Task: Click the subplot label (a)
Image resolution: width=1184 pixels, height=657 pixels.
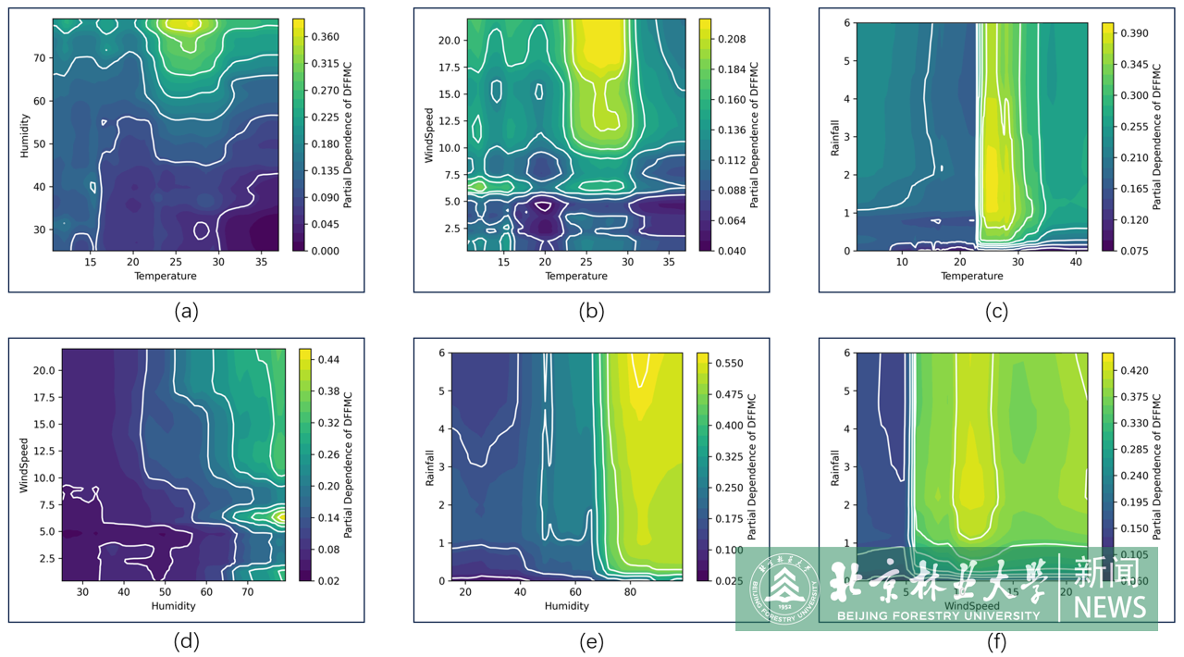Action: (186, 311)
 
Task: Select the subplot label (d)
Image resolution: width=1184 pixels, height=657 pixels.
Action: (186, 641)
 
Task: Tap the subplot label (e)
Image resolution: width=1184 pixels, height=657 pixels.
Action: (592, 641)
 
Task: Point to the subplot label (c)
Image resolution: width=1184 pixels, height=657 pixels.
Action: (997, 311)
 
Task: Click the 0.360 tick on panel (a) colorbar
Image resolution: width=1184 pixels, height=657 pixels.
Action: (325, 37)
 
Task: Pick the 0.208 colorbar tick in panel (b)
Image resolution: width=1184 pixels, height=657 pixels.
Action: (732, 39)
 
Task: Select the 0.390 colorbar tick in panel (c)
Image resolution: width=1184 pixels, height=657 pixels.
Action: (1134, 33)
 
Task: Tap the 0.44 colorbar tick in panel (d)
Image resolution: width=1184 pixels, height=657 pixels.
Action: (329, 359)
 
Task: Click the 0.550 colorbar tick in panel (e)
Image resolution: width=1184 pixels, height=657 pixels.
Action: (729, 363)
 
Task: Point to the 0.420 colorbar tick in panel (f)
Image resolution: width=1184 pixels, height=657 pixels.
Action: (1134, 371)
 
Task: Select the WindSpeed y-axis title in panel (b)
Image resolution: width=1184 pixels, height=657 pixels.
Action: (429, 135)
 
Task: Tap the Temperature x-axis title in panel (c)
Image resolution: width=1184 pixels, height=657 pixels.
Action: (972, 276)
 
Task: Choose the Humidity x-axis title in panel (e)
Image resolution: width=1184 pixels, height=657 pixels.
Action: (567, 606)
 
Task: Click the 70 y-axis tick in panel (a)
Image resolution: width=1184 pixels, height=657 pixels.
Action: (39, 58)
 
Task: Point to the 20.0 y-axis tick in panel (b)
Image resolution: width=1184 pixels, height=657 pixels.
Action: (449, 40)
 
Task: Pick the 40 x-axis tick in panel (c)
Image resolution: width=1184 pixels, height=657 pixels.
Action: (1076, 262)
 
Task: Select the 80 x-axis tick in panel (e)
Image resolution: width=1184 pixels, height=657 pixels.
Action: (630, 592)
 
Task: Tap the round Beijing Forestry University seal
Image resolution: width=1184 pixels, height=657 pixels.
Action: (784, 589)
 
